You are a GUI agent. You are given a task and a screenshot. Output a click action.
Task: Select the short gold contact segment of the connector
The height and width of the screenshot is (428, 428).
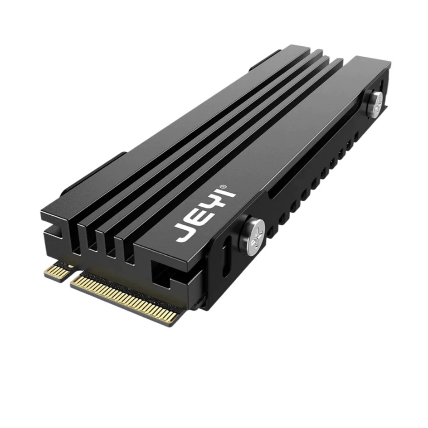tap(58, 272)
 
